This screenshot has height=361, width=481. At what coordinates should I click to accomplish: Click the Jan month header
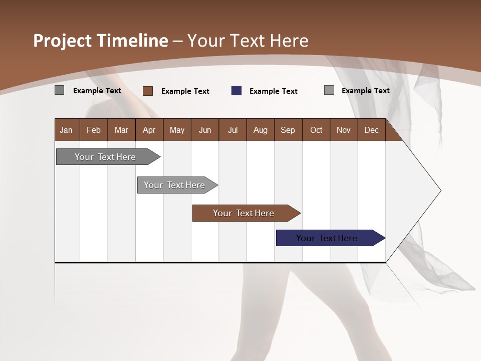click(x=66, y=130)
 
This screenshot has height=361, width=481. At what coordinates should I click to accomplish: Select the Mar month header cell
click(x=121, y=130)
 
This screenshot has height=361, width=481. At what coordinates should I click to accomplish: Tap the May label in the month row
click(x=177, y=130)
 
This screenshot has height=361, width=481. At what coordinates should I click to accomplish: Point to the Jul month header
click(x=232, y=130)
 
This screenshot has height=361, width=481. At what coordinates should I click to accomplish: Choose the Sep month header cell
click(x=288, y=130)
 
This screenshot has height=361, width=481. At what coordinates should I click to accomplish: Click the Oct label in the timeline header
click(x=316, y=130)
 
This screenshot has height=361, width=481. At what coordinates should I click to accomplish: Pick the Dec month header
click(x=371, y=130)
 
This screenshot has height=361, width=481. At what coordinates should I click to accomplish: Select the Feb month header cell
click(x=94, y=130)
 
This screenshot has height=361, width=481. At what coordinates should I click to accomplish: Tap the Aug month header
click(x=260, y=130)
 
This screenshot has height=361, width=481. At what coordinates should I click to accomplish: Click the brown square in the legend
click(x=148, y=91)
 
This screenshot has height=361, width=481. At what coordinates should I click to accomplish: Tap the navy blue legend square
click(x=236, y=91)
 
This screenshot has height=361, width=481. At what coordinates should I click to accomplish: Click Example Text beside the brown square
click(x=185, y=91)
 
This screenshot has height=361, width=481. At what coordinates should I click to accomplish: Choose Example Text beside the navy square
click(x=273, y=91)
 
